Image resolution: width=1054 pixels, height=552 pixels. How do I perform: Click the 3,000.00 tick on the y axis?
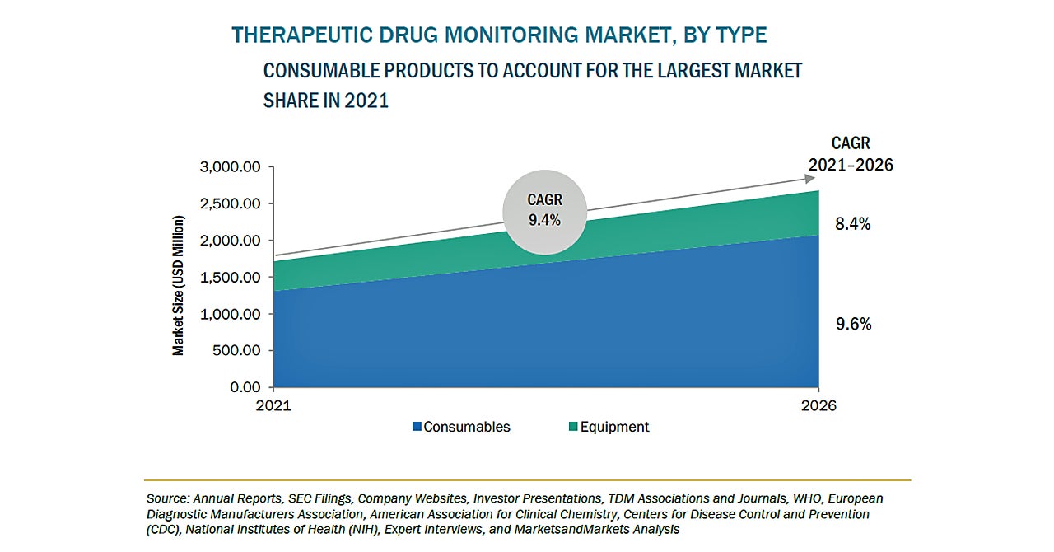[x=231, y=167]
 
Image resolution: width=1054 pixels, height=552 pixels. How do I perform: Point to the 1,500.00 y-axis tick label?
[x=231, y=277]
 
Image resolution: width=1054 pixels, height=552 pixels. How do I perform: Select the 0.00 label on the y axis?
[x=245, y=386]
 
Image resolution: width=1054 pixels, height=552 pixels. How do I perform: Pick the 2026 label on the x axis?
[x=818, y=406]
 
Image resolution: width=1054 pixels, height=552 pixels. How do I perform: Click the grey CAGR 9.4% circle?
[x=544, y=210]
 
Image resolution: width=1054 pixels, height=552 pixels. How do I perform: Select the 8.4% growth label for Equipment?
[x=853, y=223]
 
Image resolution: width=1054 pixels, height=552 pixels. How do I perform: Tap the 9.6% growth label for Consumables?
[x=853, y=324]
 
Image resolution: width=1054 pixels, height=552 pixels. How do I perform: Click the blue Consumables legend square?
[x=417, y=427]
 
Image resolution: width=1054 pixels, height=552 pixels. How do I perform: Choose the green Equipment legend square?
[x=573, y=427]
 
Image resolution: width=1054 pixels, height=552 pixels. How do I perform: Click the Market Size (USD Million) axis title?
[x=178, y=285]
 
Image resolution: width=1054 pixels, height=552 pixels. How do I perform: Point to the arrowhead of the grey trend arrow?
[x=810, y=177]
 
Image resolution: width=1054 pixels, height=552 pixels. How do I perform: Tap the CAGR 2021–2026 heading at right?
[x=851, y=154]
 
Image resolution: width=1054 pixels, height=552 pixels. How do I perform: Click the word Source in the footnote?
[x=166, y=498]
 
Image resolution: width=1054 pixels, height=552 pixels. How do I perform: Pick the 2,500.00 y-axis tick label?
[x=231, y=203]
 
